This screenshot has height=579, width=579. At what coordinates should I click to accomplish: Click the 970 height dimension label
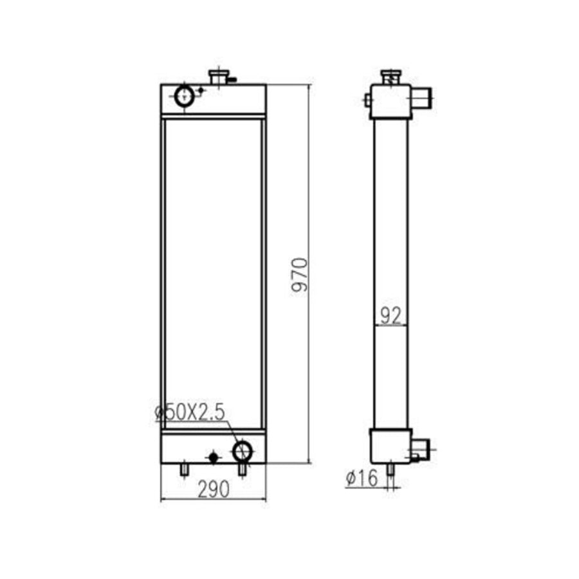coord(299,275)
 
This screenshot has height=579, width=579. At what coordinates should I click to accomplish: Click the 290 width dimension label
coord(214,489)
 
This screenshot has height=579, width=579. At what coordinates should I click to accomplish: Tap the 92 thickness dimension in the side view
coord(391,316)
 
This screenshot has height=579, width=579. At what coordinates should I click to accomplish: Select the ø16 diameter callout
coord(362,478)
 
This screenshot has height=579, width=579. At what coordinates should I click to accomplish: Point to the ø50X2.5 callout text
coord(190,412)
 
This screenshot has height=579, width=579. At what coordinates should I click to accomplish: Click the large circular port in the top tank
coord(184,96)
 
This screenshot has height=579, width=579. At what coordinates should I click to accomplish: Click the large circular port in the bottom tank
coord(243,451)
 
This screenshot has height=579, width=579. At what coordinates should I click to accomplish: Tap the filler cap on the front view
coord(219,77)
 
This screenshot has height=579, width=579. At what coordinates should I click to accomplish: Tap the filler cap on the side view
coord(391,77)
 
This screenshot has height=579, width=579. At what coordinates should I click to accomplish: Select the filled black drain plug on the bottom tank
coord(214,458)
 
